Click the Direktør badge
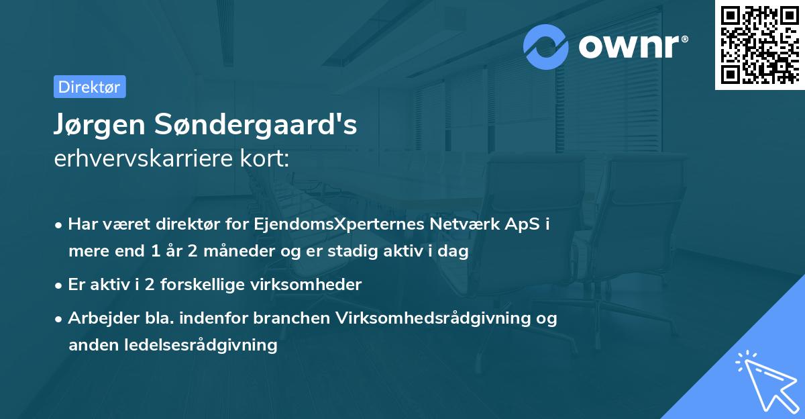(x=89, y=87)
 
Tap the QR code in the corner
(x=759, y=44)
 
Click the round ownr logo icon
(x=546, y=46)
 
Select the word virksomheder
(x=307, y=284)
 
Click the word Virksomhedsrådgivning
(x=430, y=318)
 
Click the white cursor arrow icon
(x=767, y=383)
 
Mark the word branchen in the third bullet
(x=292, y=318)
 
